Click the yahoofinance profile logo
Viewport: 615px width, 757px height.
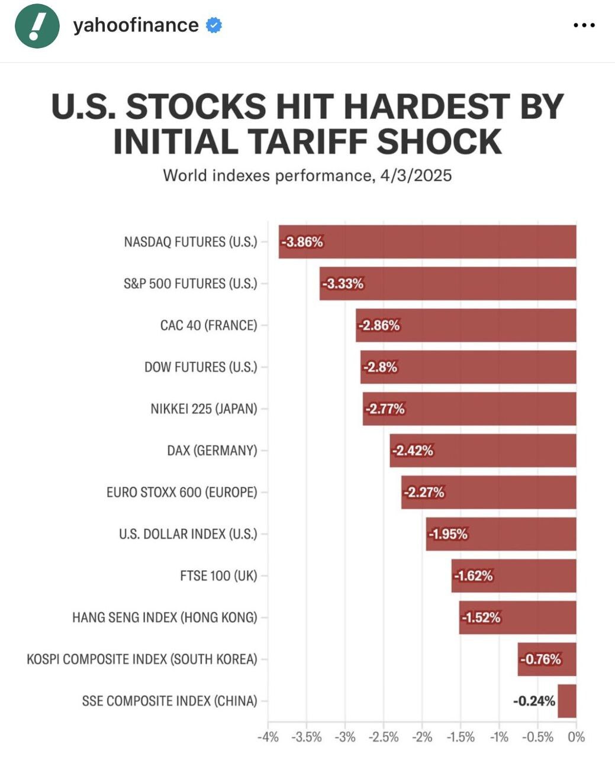[37, 26]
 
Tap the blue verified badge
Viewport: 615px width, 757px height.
[214, 25]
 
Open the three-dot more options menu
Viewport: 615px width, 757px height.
[584, 25]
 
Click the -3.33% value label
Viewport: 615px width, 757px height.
[343, 284]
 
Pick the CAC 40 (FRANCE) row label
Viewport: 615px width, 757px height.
[208, 325]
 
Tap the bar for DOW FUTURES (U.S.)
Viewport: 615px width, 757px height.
[468, 367]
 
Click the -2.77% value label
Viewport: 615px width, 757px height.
[385, 409]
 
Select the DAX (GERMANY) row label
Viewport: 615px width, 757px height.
[212, 451]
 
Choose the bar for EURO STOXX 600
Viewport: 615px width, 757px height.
[488, 492]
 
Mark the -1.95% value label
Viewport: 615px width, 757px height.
[448, 534]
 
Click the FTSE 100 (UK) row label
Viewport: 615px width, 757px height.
[218, 575]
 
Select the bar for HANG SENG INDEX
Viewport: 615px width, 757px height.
[517, 617]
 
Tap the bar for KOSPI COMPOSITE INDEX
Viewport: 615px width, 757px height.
[547, 659]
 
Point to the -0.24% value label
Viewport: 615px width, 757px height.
[534, 701]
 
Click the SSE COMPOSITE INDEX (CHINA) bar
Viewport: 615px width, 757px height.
[567, 701]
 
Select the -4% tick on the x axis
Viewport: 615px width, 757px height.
[268, 737]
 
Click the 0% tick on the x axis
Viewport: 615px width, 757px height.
[576, 737]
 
